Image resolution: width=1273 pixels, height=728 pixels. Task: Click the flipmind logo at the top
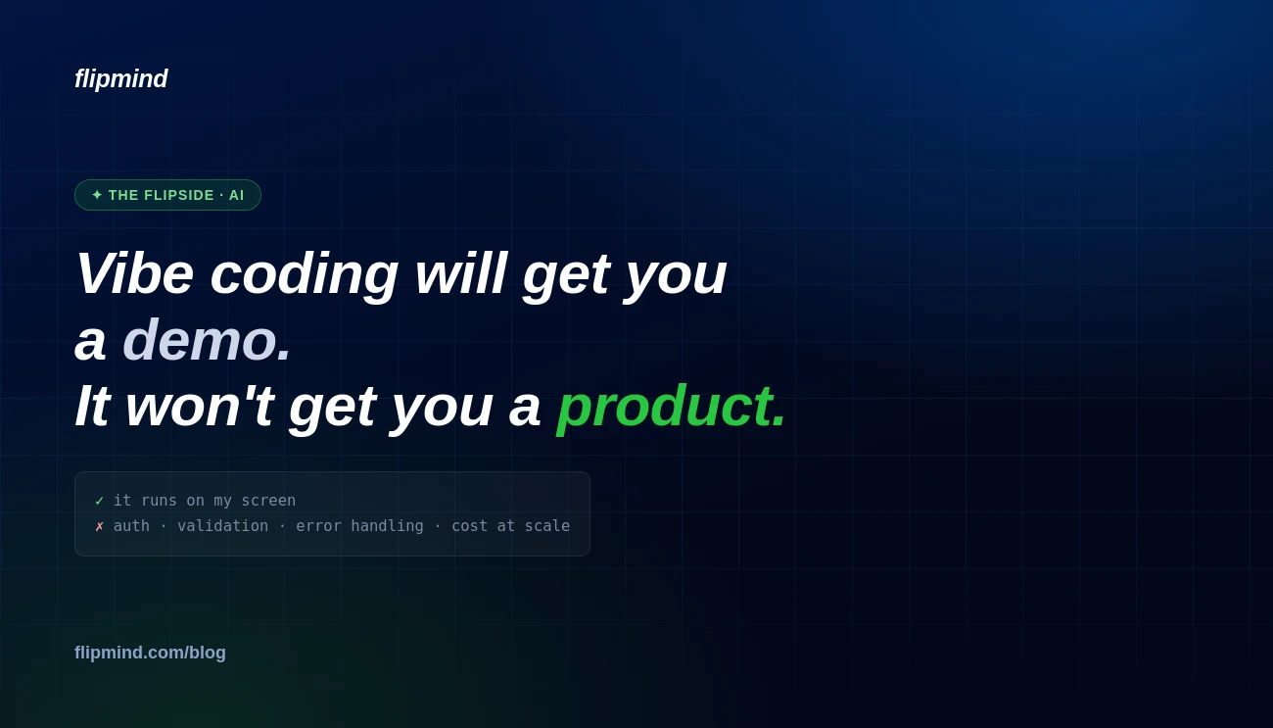(x=121, y=78)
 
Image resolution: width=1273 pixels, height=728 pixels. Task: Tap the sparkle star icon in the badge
(x=97, y=195)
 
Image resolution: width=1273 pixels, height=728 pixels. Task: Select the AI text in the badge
(x=236, y=195)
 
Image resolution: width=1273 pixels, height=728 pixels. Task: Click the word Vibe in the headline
(x=135, y=273)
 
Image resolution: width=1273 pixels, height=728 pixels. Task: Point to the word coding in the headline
(x=304, y=276)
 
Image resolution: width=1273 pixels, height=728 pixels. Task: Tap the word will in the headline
(x=461, y=273)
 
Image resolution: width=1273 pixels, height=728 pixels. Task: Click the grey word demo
(x=207, y=340)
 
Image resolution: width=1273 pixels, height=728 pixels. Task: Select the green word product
(x=671, y=409)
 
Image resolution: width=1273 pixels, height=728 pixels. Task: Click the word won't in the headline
(x=200, y=406)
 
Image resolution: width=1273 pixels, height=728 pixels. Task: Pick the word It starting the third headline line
(x=92, y=406)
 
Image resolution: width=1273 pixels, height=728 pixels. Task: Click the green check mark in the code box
(x=100, y=501)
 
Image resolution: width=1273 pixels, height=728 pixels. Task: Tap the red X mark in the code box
(x=100, y=526)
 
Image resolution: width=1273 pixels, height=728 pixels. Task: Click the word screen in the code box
(x=268, y=501)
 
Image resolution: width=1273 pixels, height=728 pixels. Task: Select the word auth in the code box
(x=131, y=525)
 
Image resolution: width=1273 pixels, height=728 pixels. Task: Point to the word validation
(x=223, y=525)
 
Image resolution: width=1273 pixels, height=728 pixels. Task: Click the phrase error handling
(x=359, y=526)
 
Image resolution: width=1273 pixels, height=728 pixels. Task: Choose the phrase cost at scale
(x=511, y=525)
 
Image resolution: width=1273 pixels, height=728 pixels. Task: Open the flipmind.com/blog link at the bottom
(x=150, y=653)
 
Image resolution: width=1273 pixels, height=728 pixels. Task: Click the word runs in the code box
(x=159, y=501)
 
